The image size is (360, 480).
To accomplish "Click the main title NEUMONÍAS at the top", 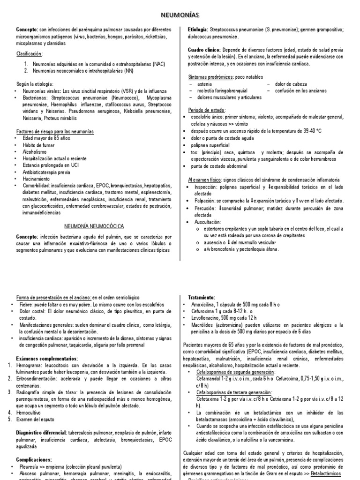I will (x=180, y=15).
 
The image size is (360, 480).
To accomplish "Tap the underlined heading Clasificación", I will (x=30, y=54).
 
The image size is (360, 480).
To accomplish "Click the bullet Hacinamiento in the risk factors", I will (x=37, y=179).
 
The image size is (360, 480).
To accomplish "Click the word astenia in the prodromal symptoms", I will (x=205, y=84).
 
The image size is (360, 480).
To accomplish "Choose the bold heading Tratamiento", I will (x=202, y=297).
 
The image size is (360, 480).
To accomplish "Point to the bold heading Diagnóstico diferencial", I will (x=40, y=432).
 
